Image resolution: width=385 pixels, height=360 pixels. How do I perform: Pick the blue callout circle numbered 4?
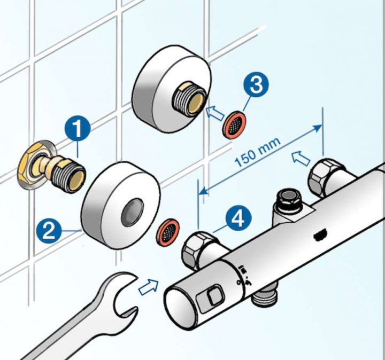238,218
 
